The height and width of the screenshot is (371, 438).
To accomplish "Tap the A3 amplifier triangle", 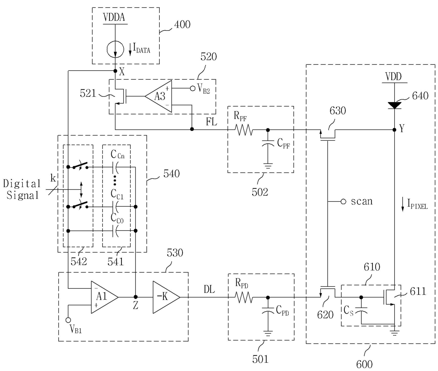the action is pos(159,96).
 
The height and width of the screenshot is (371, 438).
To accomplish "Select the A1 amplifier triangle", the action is pos(105,297).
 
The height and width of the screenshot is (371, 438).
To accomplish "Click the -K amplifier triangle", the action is pos(167,297).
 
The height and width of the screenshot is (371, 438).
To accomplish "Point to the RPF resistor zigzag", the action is pos(244,130).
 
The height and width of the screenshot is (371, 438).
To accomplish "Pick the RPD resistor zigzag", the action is pos(244,298).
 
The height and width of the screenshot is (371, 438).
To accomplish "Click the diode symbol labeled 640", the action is pos(394,105).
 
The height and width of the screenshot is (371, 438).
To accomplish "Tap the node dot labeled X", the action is pos(115,71).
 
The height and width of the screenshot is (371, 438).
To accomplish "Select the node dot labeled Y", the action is pos(394,130).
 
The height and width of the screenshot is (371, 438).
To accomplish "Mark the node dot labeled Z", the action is pos(136,297).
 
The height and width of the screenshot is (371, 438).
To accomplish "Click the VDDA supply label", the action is pos(114,17).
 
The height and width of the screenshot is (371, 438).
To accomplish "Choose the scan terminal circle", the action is pos(343,202).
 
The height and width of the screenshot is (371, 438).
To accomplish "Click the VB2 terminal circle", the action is pos(193,88).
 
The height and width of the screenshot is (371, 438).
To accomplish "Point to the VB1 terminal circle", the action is pos(68,320).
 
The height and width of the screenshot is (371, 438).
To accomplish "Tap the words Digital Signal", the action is pos(22,189).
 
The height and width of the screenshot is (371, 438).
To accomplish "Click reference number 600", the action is pos(364,364).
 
